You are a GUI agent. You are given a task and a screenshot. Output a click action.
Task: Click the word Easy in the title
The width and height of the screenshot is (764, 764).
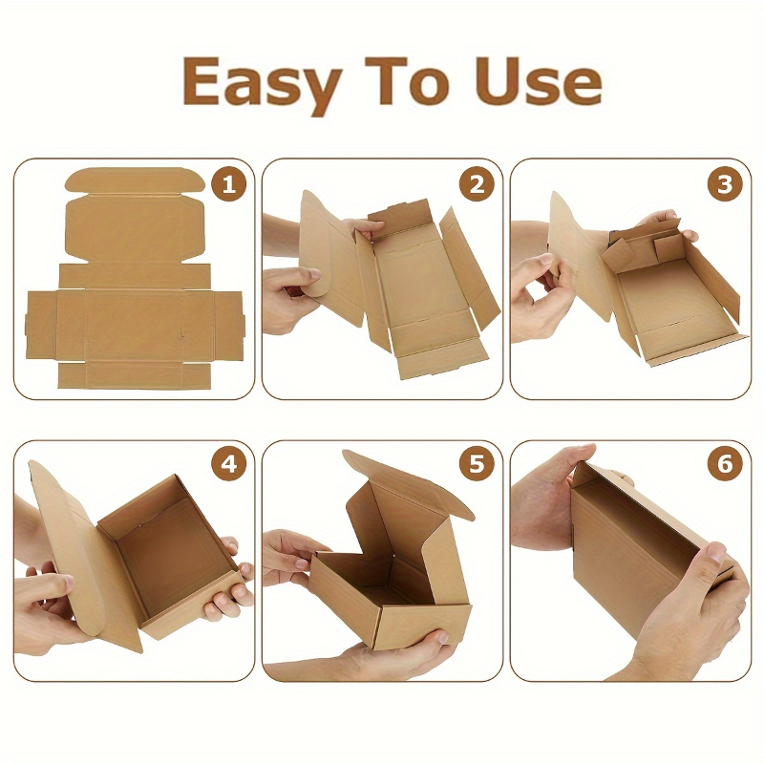(261, 83)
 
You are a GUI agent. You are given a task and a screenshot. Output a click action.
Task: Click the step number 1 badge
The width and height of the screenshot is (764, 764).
(228, 184)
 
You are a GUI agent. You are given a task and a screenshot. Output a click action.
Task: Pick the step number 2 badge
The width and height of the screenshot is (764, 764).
(477, 184)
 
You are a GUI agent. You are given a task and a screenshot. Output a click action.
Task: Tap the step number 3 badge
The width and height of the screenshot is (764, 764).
(725, 184)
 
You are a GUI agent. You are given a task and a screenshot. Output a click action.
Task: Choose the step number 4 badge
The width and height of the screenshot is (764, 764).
(228, 463)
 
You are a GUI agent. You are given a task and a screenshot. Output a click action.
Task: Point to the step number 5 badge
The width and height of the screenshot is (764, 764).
(477, 463)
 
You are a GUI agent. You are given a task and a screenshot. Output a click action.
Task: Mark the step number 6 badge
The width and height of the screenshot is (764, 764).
(725, 463)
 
